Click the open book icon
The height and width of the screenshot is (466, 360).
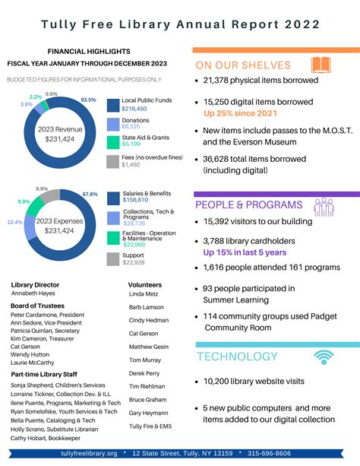click(x=321, y=65)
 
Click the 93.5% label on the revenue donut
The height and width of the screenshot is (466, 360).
click(x=88, y=100)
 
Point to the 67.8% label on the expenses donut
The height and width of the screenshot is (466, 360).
click(x=90, y=195)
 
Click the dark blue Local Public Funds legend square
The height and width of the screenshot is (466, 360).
click(x=112, y=105)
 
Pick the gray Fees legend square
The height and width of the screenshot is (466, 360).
click(x=112, y=160)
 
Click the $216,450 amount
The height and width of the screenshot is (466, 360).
click(x=134, y=109)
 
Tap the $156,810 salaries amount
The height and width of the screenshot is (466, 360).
click(x=135, y=201)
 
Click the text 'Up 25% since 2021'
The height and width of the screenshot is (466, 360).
click(x=240, y=113)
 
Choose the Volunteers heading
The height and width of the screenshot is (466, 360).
click(x=145, y=284)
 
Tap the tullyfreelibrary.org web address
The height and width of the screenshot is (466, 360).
click(x=89, y=453)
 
